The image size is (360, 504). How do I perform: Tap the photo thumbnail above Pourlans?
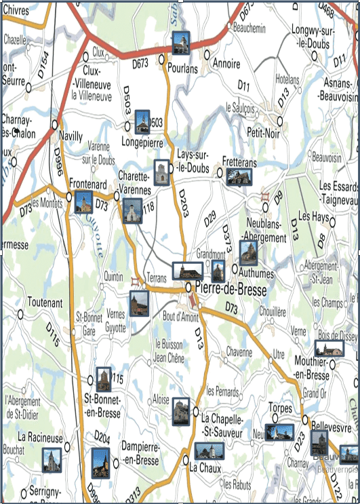[x=180, y=43]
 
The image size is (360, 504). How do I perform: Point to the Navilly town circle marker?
[x=56, y=124]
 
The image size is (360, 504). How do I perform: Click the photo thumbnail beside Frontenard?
[x=83, y=202]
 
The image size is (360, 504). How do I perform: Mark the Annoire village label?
[x=226, y=64]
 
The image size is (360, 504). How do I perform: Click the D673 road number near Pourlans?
[x=140, y=64]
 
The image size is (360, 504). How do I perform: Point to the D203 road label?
[x=182, y=203]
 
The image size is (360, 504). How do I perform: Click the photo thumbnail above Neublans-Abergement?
[x=248, y=252]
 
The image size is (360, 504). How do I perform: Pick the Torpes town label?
[x=281, y=408]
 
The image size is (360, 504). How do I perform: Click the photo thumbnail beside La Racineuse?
[x=52, y=459]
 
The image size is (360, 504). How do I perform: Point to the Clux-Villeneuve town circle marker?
[x=85, y=57]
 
